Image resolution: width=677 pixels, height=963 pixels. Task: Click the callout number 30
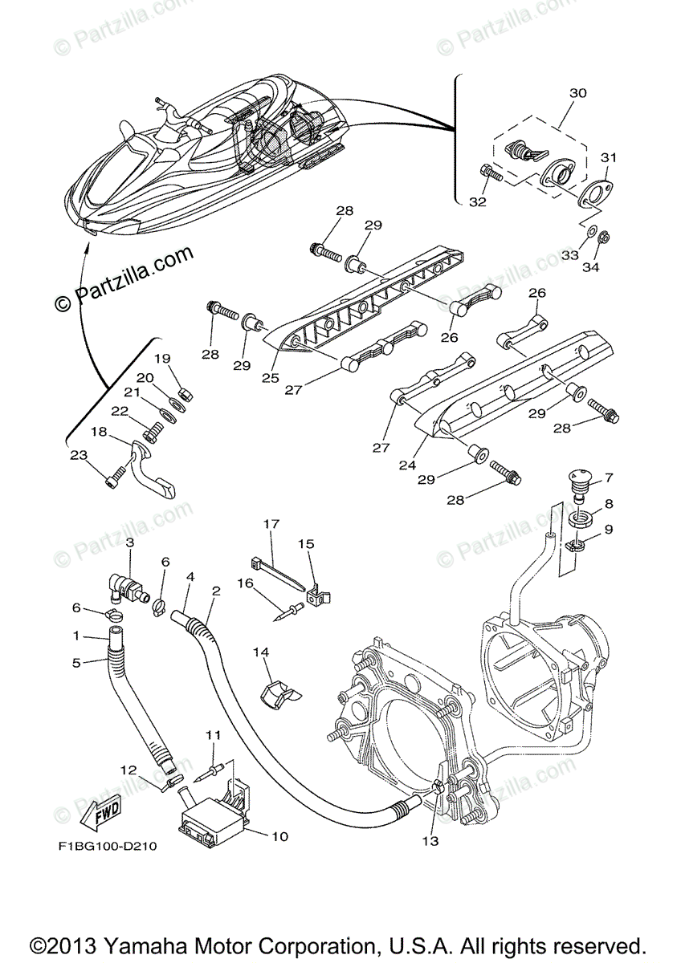[577, 93]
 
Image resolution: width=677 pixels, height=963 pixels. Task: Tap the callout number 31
[609, 157]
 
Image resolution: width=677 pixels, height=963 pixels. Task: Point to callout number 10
[279, 836]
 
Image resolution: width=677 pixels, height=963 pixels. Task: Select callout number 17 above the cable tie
[270, 524]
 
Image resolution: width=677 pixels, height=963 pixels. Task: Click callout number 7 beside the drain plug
[609, 478]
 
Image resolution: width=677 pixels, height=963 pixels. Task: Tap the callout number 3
[129, 542]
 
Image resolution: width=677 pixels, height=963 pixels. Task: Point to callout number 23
[77, 455]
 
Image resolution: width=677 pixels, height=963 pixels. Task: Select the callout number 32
[478, 202]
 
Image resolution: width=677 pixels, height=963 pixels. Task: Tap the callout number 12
[128, 770]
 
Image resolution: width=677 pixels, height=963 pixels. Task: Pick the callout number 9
[609, 530]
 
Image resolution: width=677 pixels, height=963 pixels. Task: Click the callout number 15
[306, 544]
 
